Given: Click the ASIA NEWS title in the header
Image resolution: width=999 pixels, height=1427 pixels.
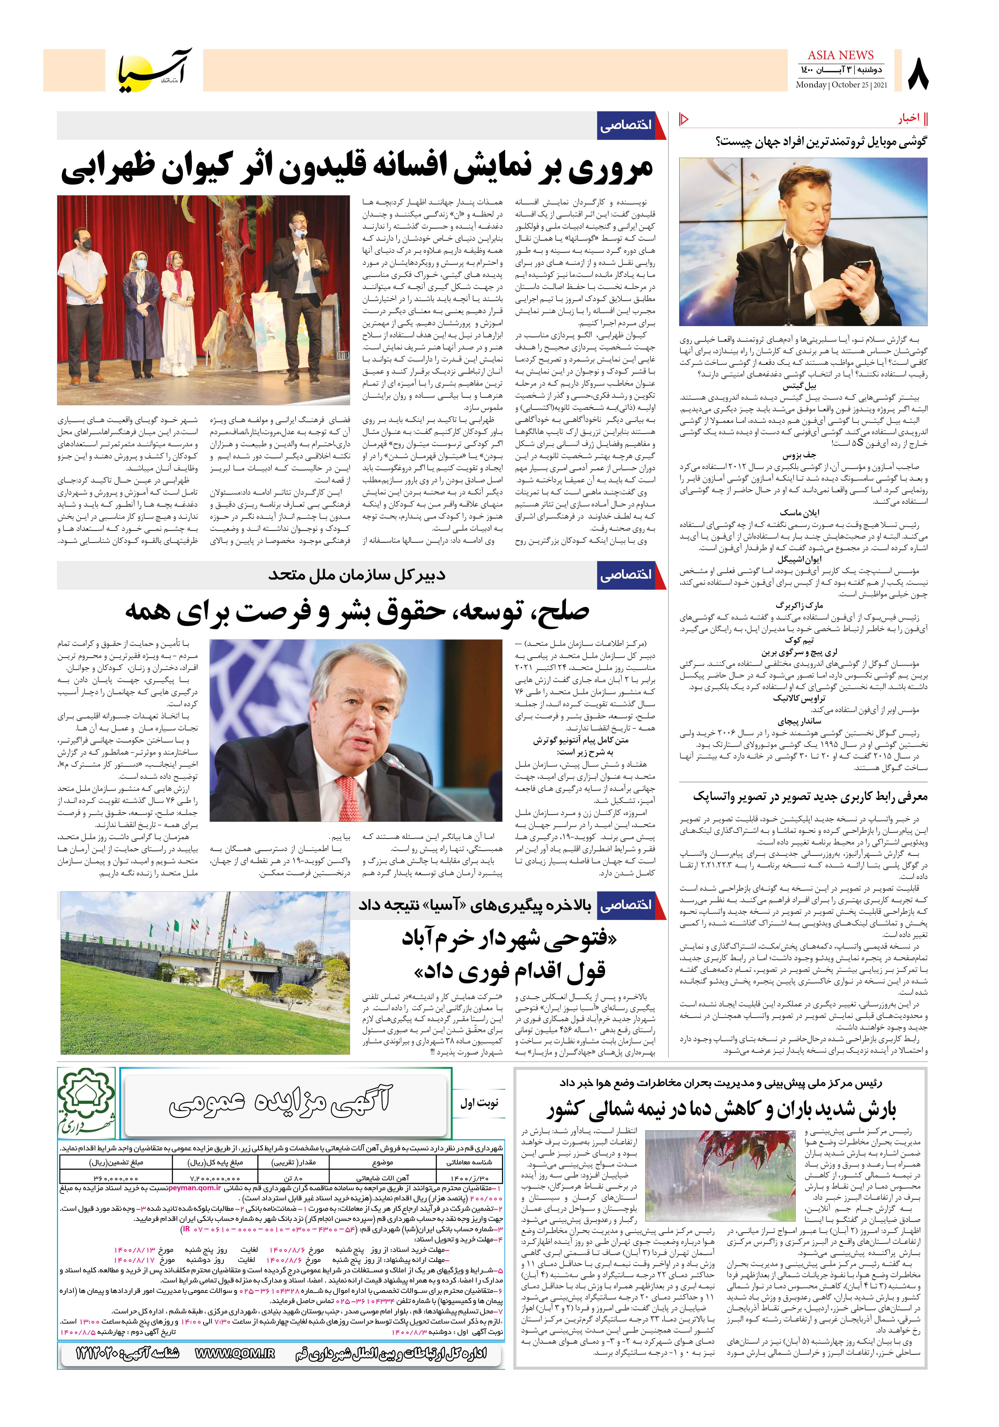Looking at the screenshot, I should point(840,55).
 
